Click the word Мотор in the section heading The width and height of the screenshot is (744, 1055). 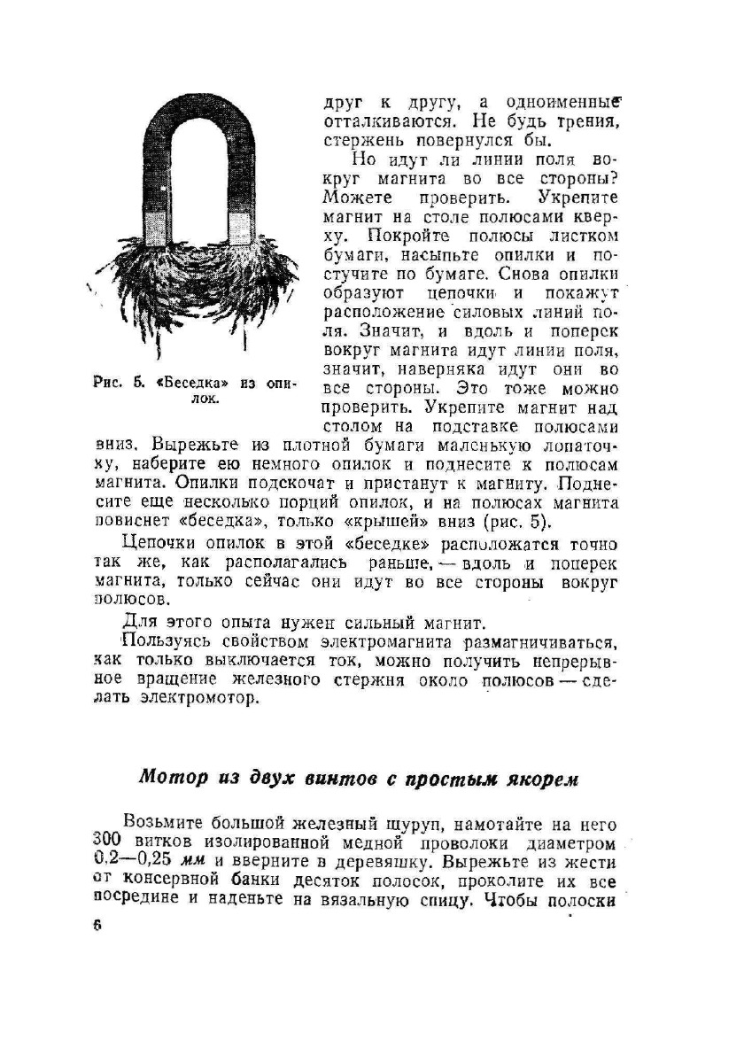tap(172, 778)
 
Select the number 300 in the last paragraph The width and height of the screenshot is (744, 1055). tap(106, 840)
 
